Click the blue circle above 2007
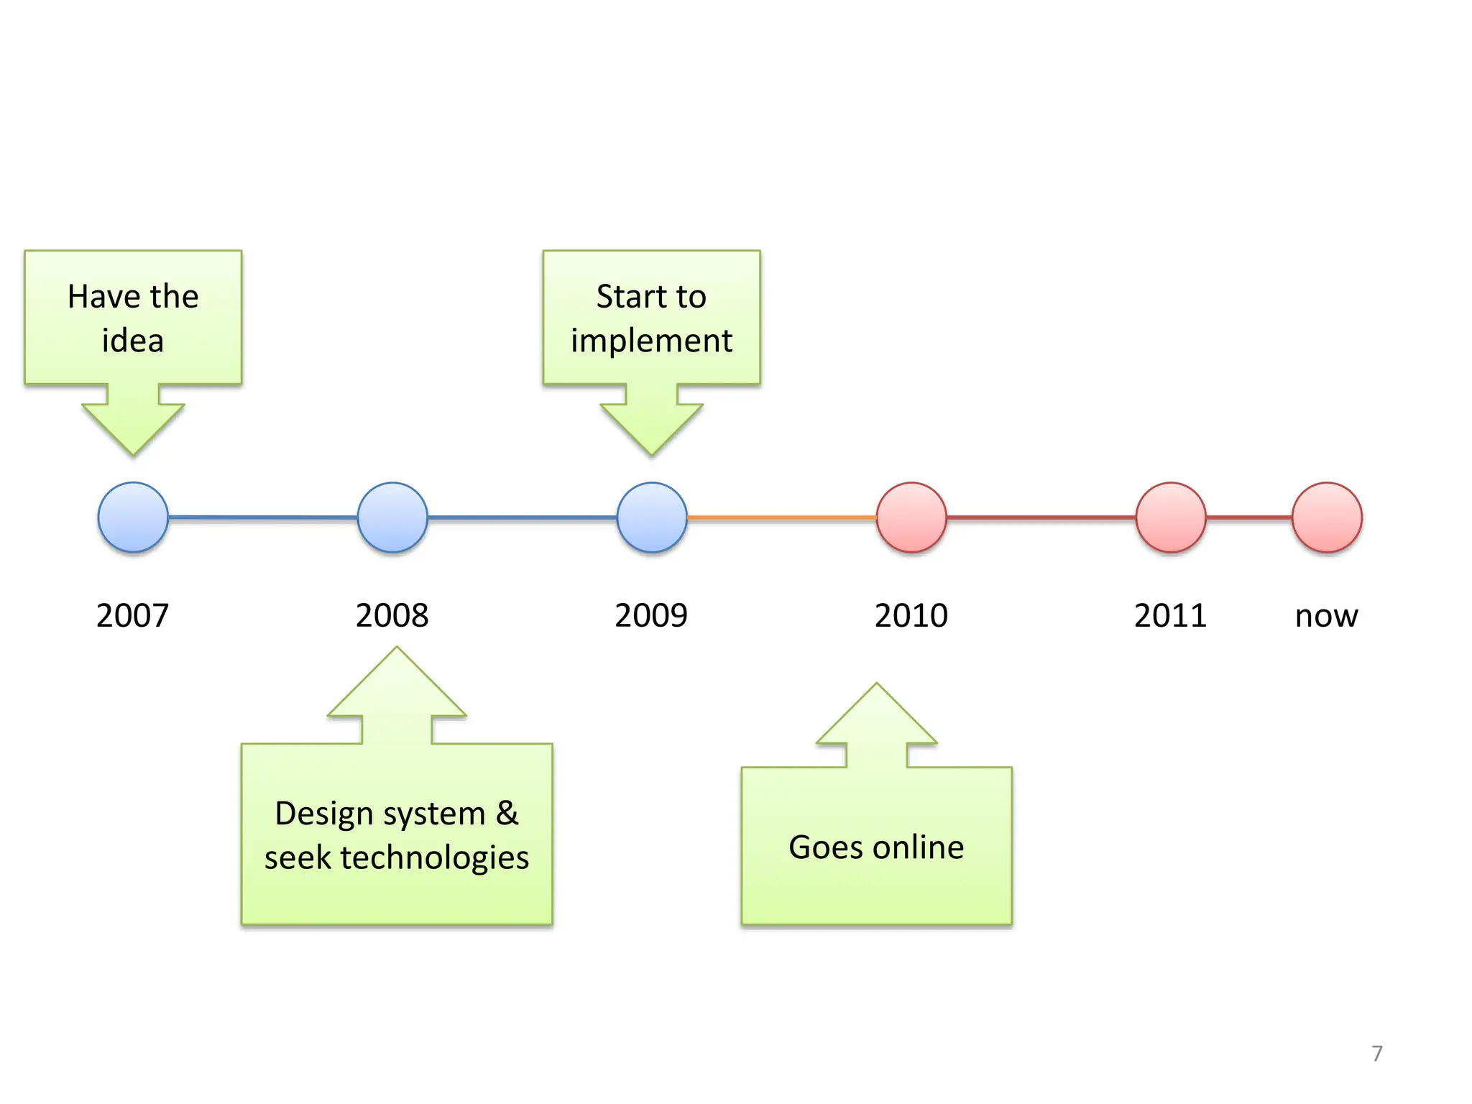133,517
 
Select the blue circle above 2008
392,517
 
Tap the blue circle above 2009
652,517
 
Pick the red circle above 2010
911,517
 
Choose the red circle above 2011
1171,517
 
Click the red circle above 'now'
1327,517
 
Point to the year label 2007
133,616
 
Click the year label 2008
392,616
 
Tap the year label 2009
652,616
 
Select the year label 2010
911,616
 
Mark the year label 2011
1171,616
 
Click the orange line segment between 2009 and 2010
782,517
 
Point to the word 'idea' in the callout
133,341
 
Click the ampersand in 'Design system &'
507,814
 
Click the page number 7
1377,1054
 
